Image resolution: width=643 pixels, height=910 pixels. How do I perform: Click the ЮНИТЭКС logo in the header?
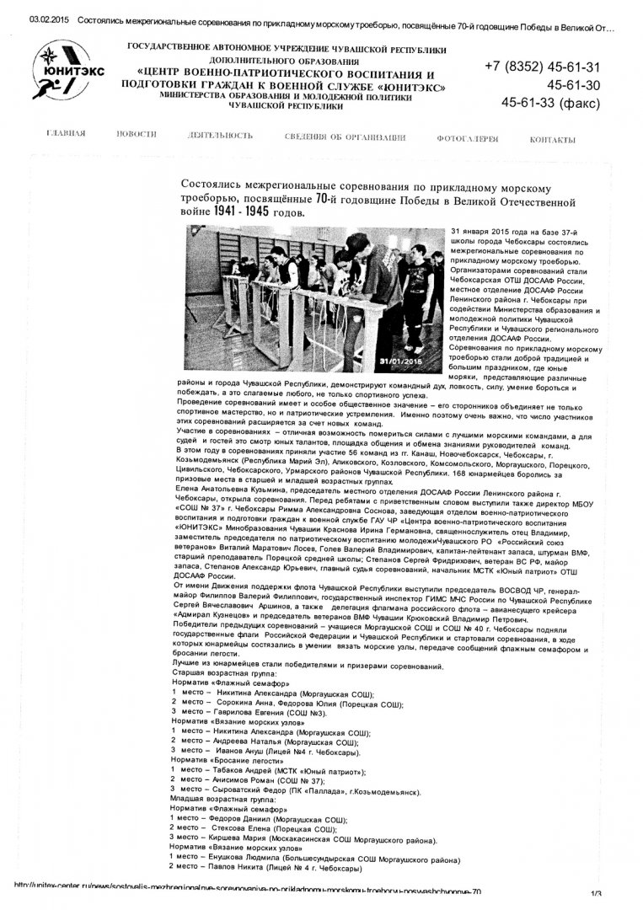pyautogui.click(x=69, y=72)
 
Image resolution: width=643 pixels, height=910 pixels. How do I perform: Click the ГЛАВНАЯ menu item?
pyautogui.click(x=66, y=135)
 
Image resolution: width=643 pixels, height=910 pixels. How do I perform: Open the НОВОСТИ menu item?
pyautogui.click(x=137, y=135)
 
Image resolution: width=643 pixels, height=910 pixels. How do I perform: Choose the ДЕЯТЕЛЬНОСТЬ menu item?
pyautogui.click(x=221, y=135)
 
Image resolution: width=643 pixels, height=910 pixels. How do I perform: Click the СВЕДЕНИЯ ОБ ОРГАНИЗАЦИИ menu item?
pyautogui.click(x=346, y=137)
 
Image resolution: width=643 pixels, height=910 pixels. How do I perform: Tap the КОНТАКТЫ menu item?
pyautogui.click(x=553, y=139)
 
